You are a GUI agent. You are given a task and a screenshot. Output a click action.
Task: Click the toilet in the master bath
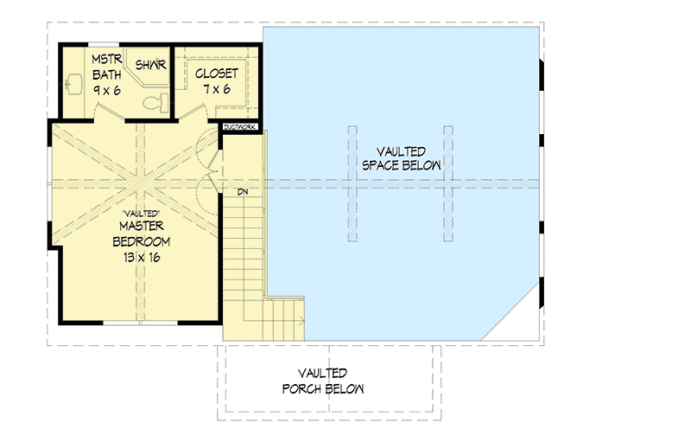pyautogui.click(x=155, y=103)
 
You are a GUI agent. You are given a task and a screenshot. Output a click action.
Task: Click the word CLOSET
pyautogui.click(x=216, y=73)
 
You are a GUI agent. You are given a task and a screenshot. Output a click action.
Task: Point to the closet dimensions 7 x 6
pyautogui.click(x=216, y=88)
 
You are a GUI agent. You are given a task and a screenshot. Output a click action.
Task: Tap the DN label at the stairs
pyautogui.click(x=244, y=191)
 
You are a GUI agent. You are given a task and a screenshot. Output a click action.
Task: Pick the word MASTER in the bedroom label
pyautogui.click(x=143, y=225)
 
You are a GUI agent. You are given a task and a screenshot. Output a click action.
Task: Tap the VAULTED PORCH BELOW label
pyautogui.click(x=322, y=381)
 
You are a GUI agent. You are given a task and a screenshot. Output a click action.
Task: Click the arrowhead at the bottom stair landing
pyautogui.click(x=301, y=318)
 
